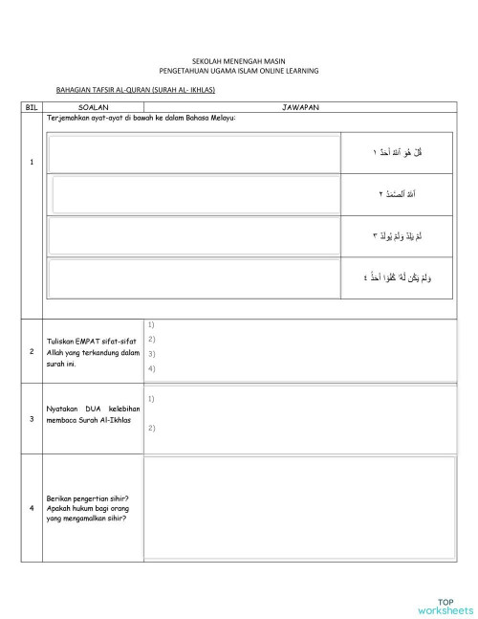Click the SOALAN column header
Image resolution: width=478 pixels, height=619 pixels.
[93, 108]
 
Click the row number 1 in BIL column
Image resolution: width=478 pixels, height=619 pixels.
[32, 161]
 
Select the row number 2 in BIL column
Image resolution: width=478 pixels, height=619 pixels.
[32, 351]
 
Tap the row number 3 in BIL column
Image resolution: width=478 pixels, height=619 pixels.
[32, 418]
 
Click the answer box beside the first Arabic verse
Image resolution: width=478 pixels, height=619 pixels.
[196, 153]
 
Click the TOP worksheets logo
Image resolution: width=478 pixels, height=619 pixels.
[445, 605]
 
